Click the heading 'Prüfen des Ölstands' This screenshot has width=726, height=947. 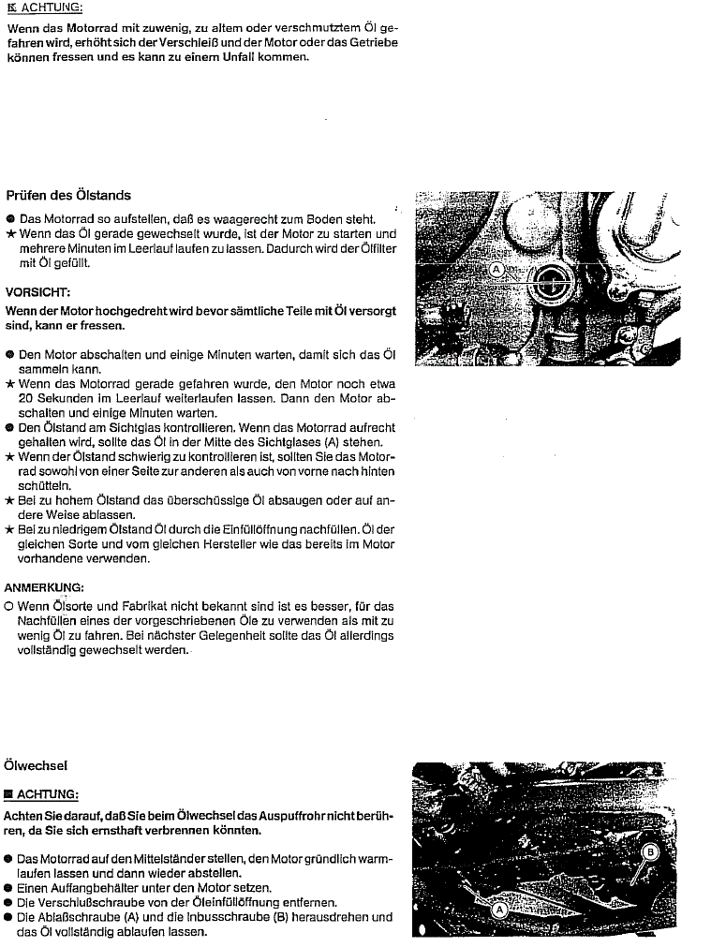point(68,196)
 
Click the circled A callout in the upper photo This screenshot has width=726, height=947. point(497,269)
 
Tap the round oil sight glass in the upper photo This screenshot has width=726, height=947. point(553,279)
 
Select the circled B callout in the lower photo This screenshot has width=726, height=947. point(648,851)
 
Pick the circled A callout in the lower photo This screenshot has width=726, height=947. point(499,909)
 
